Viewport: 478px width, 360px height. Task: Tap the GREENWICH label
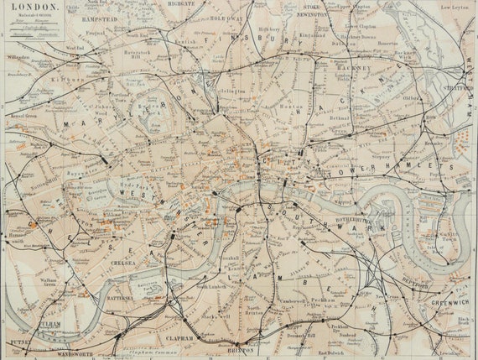449,303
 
